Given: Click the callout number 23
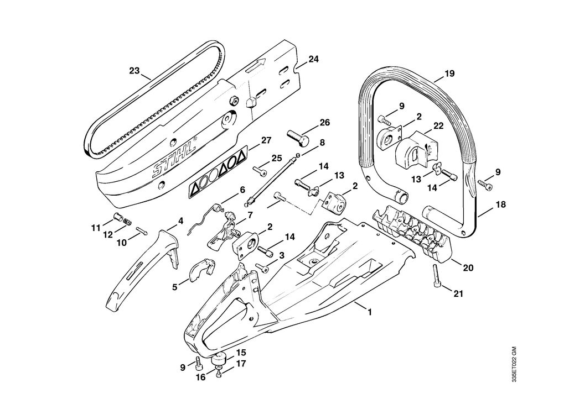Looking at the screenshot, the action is coord(135,70).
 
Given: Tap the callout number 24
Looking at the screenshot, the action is coord(313,59).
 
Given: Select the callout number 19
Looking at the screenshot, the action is coord(449,73).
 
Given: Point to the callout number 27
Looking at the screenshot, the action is coord(266,140).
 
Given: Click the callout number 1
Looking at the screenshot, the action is coord(370,312).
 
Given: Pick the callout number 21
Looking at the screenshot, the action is coord(459,293).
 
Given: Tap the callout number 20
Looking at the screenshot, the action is coord(468,268).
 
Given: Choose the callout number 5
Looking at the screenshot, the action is coord(175,287).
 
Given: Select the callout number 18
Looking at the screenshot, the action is coord(500,204).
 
